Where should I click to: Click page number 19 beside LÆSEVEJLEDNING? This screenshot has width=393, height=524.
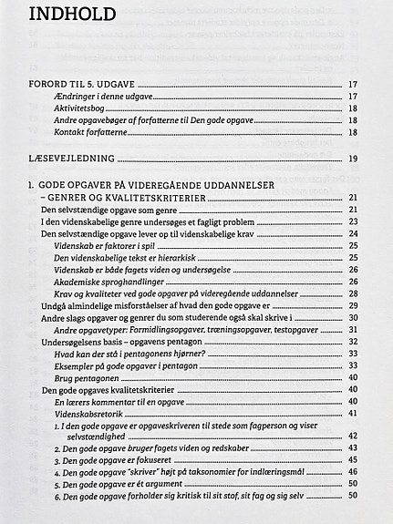point(353,159)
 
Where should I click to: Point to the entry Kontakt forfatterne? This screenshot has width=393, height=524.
point(97,131)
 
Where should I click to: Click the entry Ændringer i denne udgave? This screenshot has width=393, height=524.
point(107,96)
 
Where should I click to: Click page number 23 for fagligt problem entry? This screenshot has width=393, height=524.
point(353,221)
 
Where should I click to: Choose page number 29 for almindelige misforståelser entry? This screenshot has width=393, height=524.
point(353,305)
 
